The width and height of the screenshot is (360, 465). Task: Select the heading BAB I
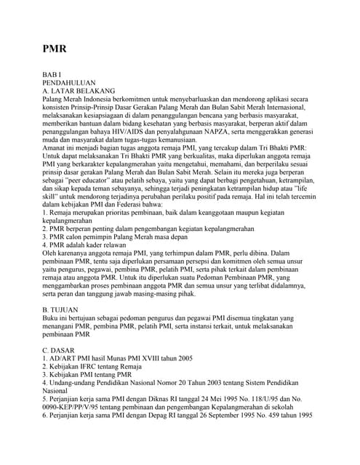pyautogui.click(x=53, y=75)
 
